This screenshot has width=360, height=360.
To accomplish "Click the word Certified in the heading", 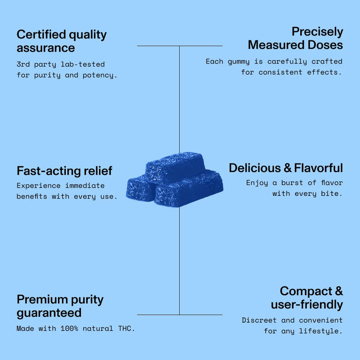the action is pyautogui.click(x=41, y=34).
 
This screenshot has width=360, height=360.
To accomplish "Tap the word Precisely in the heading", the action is pyautogui.click(x=317, y=32).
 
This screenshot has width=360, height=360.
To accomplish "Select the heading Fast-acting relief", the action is pyautogui.click(x=64, y=171).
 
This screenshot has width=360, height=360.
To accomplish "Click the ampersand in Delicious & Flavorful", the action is pyautogui.click(x=287, y=168).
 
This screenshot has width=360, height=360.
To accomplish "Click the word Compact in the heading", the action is pyautogui.click(x=306, y=291).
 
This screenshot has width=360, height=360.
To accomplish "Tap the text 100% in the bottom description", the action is pyautogui.click(x=69, y=329).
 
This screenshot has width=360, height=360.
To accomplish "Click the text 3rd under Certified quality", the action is pyautogui.click(x=23, y=64).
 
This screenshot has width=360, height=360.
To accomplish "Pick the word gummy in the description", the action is pyautogui.click(x=239, y=62).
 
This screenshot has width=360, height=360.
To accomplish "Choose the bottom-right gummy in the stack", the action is pyautogui.click(x=189, y=188).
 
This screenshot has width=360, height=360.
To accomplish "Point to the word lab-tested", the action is pyautogui.click(x=83, y=64).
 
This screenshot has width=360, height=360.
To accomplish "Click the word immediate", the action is pyautogui.click(x=85, y=185).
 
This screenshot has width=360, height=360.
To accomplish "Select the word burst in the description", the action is pyautogui.click(x=292, y=183).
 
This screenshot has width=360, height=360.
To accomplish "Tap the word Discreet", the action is pyautogui.click(x=259, y=320).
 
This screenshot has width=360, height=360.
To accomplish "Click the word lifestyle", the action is pyautogui.click(x=320, y=331).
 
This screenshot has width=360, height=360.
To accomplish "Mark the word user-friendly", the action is pyautogui.click(x=307, y=305).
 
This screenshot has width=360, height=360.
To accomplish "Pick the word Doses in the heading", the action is pyautogui.click(x=325, y=45).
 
